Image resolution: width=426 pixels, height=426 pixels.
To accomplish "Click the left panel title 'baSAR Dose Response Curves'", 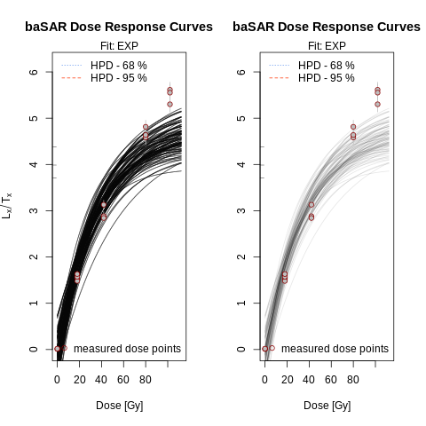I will (x=119, y=27).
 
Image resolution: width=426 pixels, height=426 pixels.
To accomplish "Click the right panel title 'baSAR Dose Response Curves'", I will (x=327, y=27).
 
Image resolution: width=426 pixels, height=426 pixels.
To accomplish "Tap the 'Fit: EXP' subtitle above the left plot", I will (x=119, y=45).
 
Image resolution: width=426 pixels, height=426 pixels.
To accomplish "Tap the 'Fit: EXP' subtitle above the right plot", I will (x=327, y=45).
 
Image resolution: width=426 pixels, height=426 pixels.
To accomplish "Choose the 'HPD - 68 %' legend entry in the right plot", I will (x=327, y=66).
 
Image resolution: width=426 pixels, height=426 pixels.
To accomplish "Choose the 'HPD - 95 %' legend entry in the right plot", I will (x=327, y=78).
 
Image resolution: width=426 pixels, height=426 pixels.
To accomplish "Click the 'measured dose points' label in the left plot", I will (x=127, y=349).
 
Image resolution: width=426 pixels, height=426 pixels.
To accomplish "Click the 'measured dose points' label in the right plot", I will (x=335, y=349).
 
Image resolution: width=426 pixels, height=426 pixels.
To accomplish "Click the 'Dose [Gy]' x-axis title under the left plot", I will (x=119, y=406).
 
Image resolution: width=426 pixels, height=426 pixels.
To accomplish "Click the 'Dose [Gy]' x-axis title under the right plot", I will (x=327, y=406).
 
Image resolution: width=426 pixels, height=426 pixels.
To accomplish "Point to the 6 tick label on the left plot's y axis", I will (x=34, y=72).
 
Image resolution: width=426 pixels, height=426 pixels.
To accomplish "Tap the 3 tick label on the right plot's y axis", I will (x=241, y=210).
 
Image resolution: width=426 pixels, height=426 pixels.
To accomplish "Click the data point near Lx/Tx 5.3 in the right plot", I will (x=377, y=104).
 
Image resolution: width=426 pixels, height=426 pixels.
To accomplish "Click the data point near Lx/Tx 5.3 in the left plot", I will (x=170, y=104).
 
